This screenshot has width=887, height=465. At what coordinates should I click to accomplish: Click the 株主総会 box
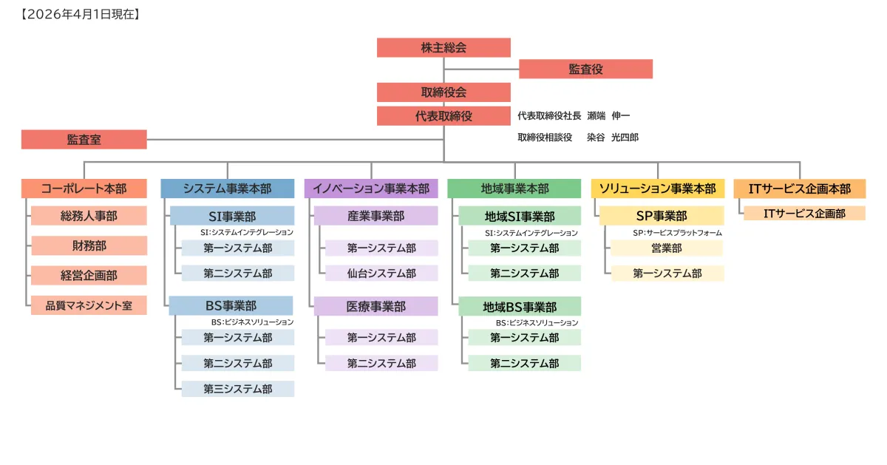pos(443,47)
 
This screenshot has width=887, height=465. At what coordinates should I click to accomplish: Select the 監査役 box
pos(585,69)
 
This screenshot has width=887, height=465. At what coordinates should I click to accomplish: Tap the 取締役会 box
pos(443,92)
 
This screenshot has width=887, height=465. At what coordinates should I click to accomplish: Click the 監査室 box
pos(84,139)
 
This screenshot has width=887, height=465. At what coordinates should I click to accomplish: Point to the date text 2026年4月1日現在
pos(81,14)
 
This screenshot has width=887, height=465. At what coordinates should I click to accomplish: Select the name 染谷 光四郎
pos(613,138)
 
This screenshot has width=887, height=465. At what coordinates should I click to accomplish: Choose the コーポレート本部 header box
pos(84,189)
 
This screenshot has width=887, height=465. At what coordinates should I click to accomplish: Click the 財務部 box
pos(89,245)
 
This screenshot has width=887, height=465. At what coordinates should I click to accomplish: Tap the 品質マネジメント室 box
pos(89,305)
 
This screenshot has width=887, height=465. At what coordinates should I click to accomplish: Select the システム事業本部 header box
pos(228,189)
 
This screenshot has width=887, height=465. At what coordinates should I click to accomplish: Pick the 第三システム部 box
pos(238,389)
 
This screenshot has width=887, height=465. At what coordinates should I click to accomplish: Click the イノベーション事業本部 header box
pos(371,189)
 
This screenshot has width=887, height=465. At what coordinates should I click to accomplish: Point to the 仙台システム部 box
pos(381,274)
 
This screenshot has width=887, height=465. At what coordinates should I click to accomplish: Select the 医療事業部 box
pos(376,306)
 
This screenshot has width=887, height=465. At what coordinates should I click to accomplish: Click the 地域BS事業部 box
pos(520,306)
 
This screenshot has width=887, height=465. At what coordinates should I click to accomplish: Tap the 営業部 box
pos(667,248)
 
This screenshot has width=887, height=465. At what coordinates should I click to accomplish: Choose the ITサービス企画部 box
pos(804,214)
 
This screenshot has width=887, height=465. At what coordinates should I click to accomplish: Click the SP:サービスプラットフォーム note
pos(677,233)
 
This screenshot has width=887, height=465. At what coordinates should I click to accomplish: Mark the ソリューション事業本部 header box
pos(658,189)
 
